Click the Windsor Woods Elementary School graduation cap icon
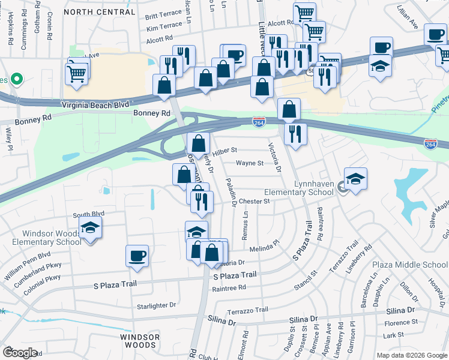pos(90,227)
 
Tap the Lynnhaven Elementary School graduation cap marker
pos(356,178)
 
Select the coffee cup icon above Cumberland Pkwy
pos(137,256)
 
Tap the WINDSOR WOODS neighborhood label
pos(140,341)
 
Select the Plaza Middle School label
pos(410,265)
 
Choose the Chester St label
pos(255,202)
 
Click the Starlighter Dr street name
pos(156,305)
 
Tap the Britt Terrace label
pos(163,16)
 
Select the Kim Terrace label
pos(163,27)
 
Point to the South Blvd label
pos(89,214)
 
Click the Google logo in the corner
pos(20,352)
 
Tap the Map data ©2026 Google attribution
pos(411,355)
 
